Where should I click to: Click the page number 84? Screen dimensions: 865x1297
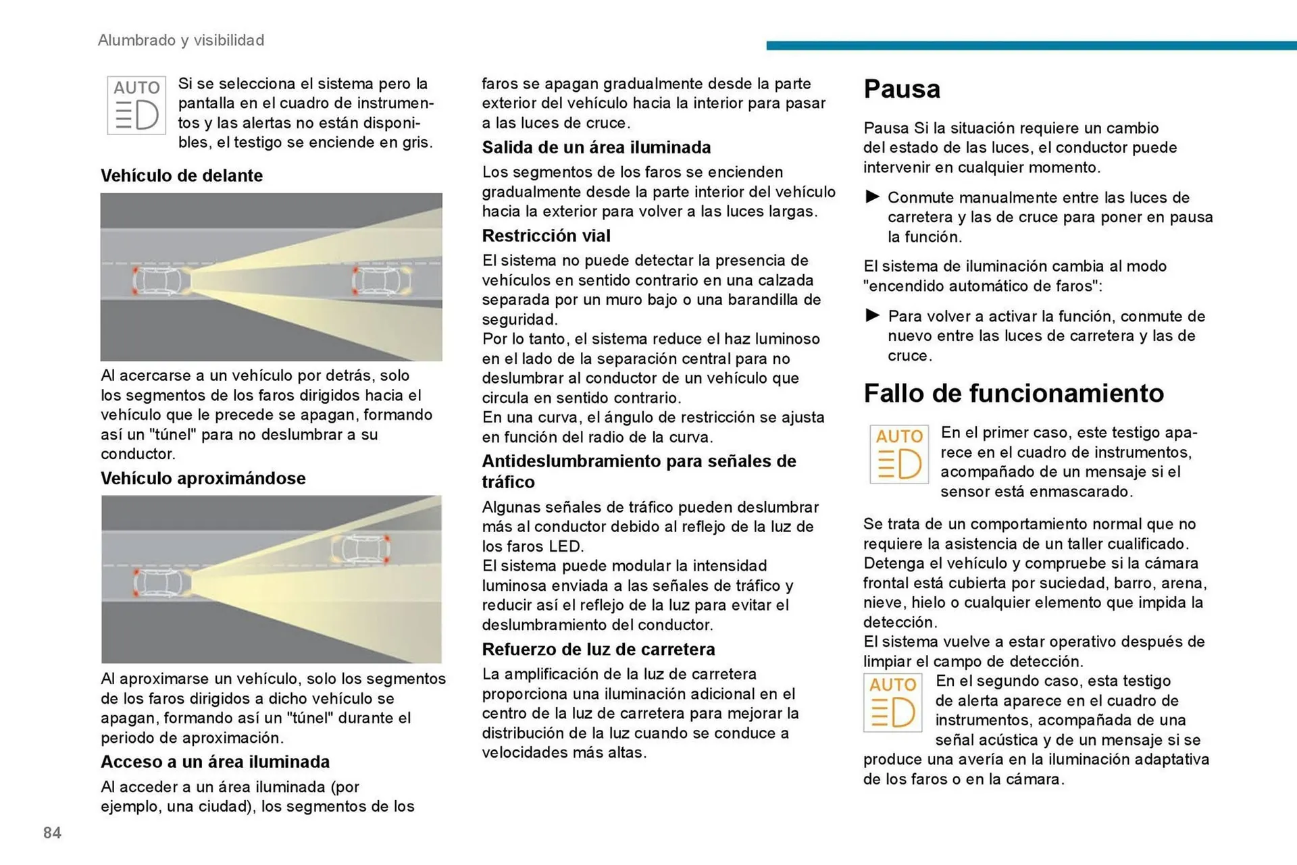coord(52,833)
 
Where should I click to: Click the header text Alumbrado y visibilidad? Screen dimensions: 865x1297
coord(181,41)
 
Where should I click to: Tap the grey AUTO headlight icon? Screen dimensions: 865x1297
coord(136,105)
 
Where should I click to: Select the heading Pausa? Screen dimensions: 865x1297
coord(901,89)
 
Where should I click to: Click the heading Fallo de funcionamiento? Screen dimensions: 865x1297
coord(1013,393)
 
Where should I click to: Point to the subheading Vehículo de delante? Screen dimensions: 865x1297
coord(182,176)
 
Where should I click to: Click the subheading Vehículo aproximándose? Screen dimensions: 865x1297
coord(203,478)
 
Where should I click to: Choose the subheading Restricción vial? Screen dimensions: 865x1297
coord(546,236)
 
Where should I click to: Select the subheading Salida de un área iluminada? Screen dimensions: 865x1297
coord(596,147)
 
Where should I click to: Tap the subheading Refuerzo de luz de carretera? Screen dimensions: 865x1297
coord(598,649)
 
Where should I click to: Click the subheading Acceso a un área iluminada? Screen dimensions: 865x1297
coord(215,762)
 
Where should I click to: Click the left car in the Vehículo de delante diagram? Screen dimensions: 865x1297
coord(161,281)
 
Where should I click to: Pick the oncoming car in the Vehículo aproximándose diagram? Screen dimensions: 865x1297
coord(360,550)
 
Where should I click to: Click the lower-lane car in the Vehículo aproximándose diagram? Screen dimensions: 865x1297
coord(160,582)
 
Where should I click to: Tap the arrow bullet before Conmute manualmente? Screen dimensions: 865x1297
coord(872,196)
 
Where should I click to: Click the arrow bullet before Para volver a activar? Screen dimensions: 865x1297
coord(872,315)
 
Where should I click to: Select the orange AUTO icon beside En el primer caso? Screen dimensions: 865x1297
coord(899,454)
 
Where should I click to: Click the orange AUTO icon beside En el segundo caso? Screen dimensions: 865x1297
coord(892,703)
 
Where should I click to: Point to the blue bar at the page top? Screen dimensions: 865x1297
coord(1031,45)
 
